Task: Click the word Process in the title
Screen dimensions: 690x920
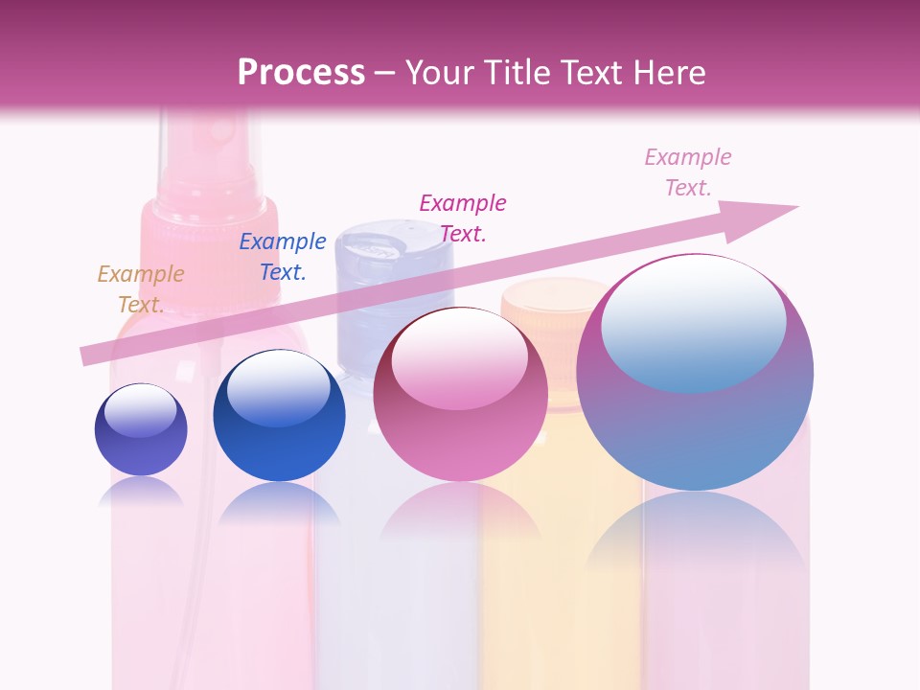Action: pos(301,73)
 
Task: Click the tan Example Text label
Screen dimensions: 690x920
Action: pos(140,288)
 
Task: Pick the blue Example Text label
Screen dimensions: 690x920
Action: pos(283,257)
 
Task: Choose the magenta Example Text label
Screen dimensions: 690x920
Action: pos(463,218)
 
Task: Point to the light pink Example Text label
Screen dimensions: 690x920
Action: pos(688,172)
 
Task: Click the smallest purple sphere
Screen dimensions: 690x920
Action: pos(141,429)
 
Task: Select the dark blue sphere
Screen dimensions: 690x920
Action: pos(279,415)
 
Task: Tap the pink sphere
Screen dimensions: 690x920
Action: pos(460,394)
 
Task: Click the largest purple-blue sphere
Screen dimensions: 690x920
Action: pos(695,372)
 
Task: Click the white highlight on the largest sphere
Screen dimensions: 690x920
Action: pos(693,321)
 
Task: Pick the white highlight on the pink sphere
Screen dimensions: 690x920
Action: pos(460,357)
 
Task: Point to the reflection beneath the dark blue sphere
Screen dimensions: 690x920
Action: pos(279,503)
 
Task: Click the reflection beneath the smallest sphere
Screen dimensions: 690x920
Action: pos(141,492)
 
